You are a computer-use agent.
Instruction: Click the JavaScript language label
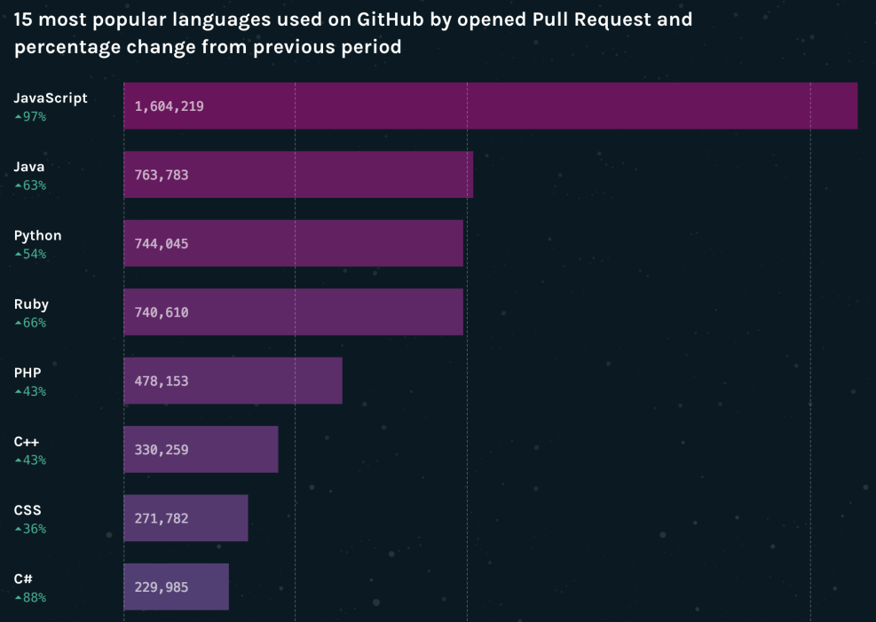(51, 98)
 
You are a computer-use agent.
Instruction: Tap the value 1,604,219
(170, 106)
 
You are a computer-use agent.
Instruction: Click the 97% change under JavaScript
(30, 116)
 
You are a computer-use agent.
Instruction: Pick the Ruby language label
(31, 304)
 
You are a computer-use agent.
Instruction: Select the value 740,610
(162, 312)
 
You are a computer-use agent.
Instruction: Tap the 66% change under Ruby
(30, 323)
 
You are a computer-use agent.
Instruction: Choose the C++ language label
(27, 442)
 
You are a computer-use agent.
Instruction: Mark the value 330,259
(162, 450)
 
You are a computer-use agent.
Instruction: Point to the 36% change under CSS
(30, 529)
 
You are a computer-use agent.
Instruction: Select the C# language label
(24, 579)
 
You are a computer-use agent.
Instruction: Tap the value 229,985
(162, 587)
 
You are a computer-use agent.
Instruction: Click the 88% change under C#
(30, 598)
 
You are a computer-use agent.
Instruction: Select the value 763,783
(162, 175)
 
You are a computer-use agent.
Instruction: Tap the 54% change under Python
(30, 254)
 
